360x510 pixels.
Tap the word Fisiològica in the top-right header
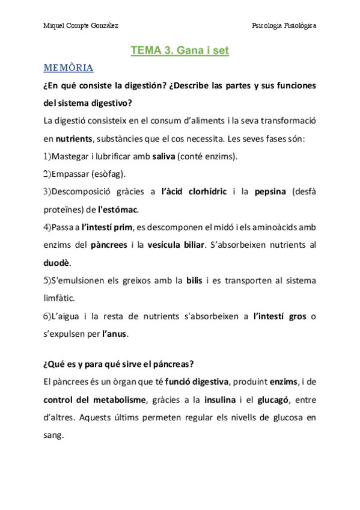pyautogui.click(x=296, y=26)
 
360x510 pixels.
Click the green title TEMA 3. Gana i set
pyautogui.click(x=180, y=51)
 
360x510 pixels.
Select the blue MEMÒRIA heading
pyautogui.click(x=69, y=67)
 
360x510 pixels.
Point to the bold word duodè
pyautogui.click(x=57, y=263)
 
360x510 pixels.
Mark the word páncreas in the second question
pyautogui.click(x=174, y=364)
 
